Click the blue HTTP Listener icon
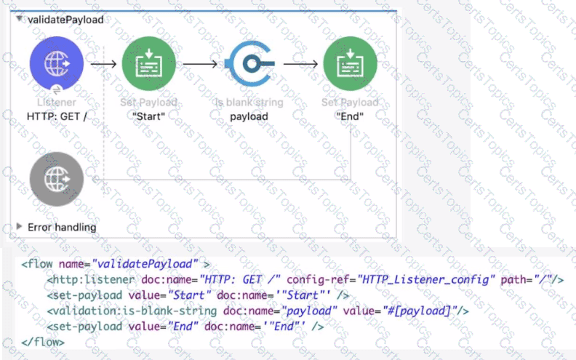57,63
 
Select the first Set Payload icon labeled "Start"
148,63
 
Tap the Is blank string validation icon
249,63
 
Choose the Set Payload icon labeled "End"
350,63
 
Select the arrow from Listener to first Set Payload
103,64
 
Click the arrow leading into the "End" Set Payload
300,64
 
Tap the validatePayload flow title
65,20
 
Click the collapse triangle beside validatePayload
20,19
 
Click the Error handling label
62,228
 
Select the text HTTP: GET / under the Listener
57,116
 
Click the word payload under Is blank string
249,116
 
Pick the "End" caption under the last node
350,116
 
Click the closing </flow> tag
44,342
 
